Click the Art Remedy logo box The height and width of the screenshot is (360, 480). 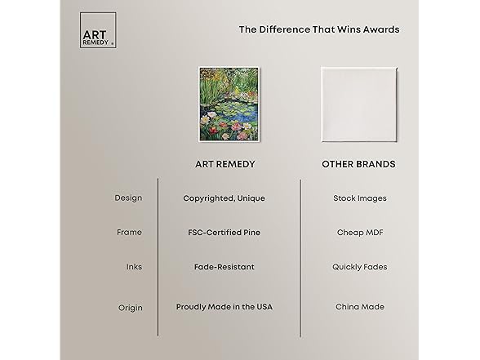[98, 30]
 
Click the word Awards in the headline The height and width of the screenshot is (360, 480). [381, 29]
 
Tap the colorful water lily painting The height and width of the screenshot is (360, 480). [229, 104]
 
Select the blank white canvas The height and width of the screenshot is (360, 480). [359, 104]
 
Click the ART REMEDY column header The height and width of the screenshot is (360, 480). [225, 164]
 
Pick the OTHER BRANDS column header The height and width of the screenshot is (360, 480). [358, 164]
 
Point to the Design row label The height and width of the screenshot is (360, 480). [128, 198]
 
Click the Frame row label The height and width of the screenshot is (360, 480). [129, 233]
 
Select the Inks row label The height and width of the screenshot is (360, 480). [134, 267]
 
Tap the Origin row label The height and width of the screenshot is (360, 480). [131, 308]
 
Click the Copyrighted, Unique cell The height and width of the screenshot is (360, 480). [224, 198]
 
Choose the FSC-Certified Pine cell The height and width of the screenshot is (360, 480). [224, 233]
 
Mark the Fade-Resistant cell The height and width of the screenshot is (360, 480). [224, 267]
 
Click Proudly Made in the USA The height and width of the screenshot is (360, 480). [224, 307]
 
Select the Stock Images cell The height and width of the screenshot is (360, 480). [360, 198]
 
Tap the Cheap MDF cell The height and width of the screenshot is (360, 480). [360, 233]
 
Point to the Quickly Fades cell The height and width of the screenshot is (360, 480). [360, 267]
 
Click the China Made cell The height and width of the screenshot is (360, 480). [360, 307]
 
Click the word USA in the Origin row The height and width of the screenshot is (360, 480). [264, 307]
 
